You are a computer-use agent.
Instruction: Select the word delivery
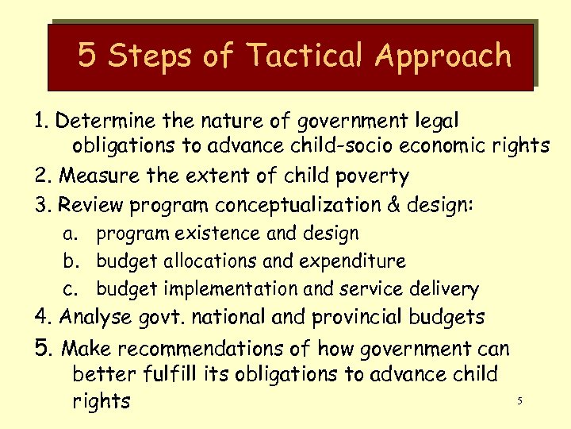(x=446, y=289)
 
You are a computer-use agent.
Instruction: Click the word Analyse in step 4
(x=96, y=317)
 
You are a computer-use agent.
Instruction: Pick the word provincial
(x=358, y=318)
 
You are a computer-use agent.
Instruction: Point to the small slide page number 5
(x=519, y=401)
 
